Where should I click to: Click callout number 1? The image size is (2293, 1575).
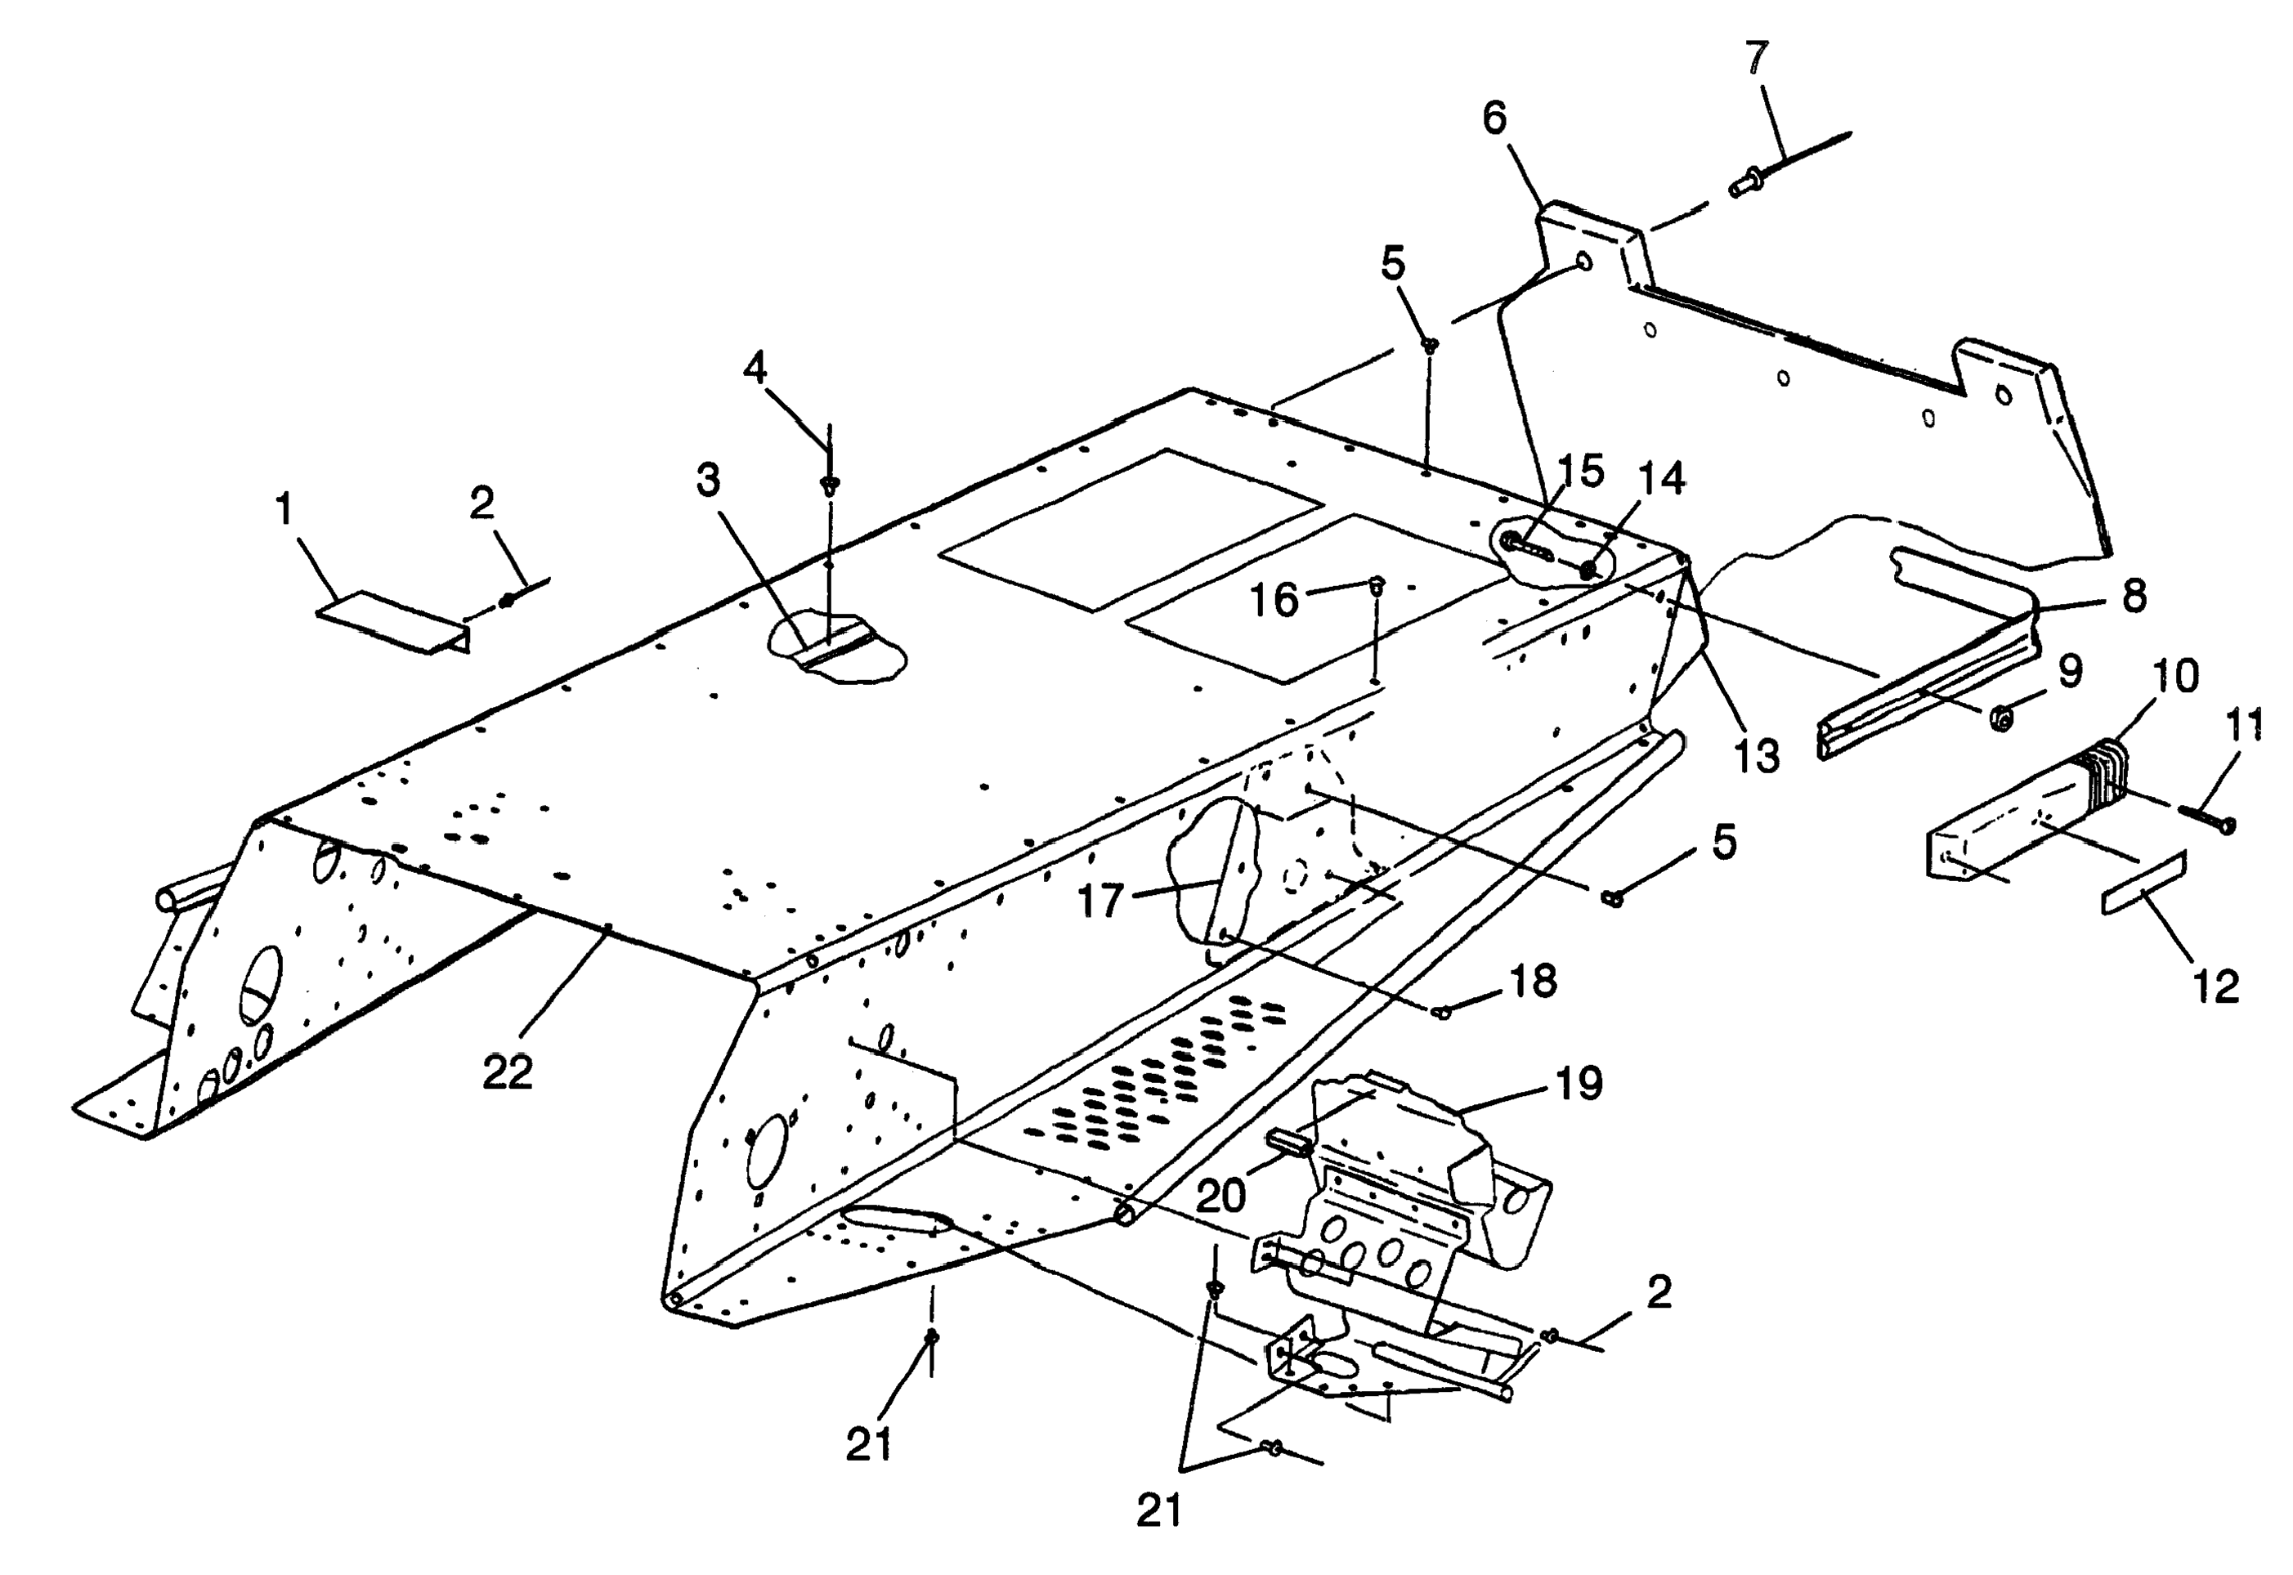click(284, 509)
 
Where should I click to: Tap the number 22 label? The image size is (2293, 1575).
click(508, 1072)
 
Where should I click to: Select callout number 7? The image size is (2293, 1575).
click(1757, 59)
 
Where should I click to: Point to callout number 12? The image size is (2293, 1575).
click(2216, 986)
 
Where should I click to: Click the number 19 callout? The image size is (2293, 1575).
click(1579, 1084)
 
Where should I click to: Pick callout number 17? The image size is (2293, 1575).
click(1100, 900)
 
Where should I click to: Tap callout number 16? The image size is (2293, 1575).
click(1274, 600)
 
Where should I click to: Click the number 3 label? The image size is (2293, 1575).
click(708, 480)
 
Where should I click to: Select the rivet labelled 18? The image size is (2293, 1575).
click(1442, 1012)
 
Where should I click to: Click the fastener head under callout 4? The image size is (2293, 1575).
click(829, 485)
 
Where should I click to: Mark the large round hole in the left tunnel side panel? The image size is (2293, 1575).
click(262, 984)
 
